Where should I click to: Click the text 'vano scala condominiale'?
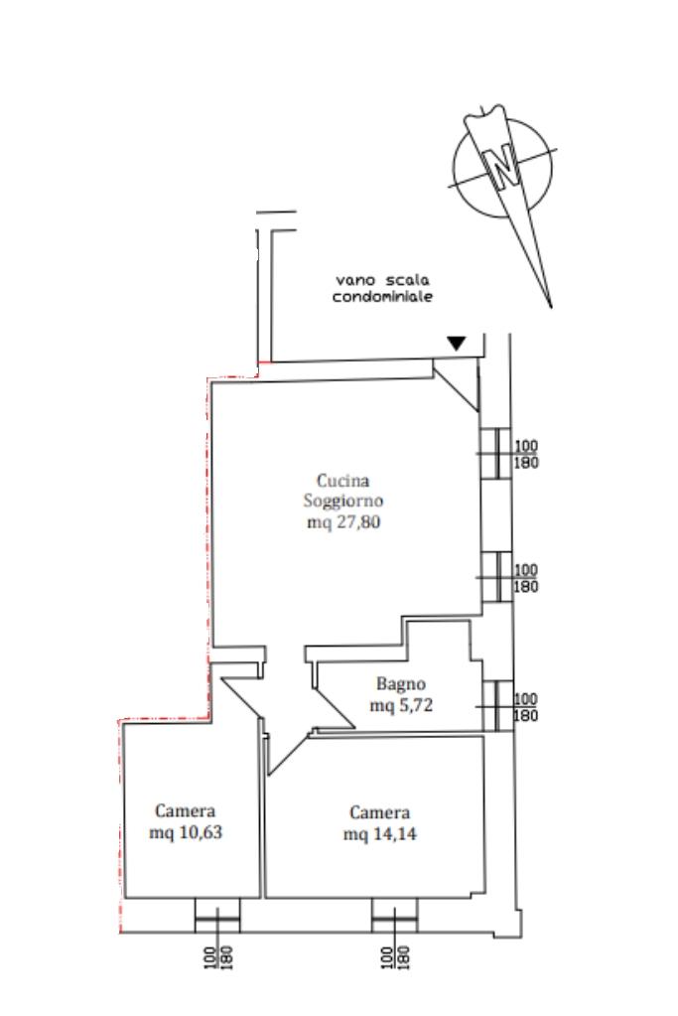[x=382, y=288]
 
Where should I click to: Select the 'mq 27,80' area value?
[x=343, y=521]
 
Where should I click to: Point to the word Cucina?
[x=342, y=480]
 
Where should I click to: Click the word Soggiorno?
[x=343, y=501]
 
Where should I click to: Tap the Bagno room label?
[x=401, y=684]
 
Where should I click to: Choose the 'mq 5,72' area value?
[x=401, y=705]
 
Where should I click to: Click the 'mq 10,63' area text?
[x=186, y=832]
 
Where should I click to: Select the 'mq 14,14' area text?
[x=379, y=834]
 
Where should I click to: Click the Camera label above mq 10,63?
[x=186, y=810]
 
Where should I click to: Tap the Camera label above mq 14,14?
[x=379, y=812]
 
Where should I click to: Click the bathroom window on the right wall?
[x=497, y=705]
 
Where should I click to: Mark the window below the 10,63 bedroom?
[x=217, y=915]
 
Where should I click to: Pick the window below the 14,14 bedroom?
[x=394, y=915]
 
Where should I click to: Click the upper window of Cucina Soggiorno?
[x=496, y=454]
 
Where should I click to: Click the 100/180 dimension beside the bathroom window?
[x=526, y=707]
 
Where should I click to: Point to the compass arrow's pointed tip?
[x=551, y=308]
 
